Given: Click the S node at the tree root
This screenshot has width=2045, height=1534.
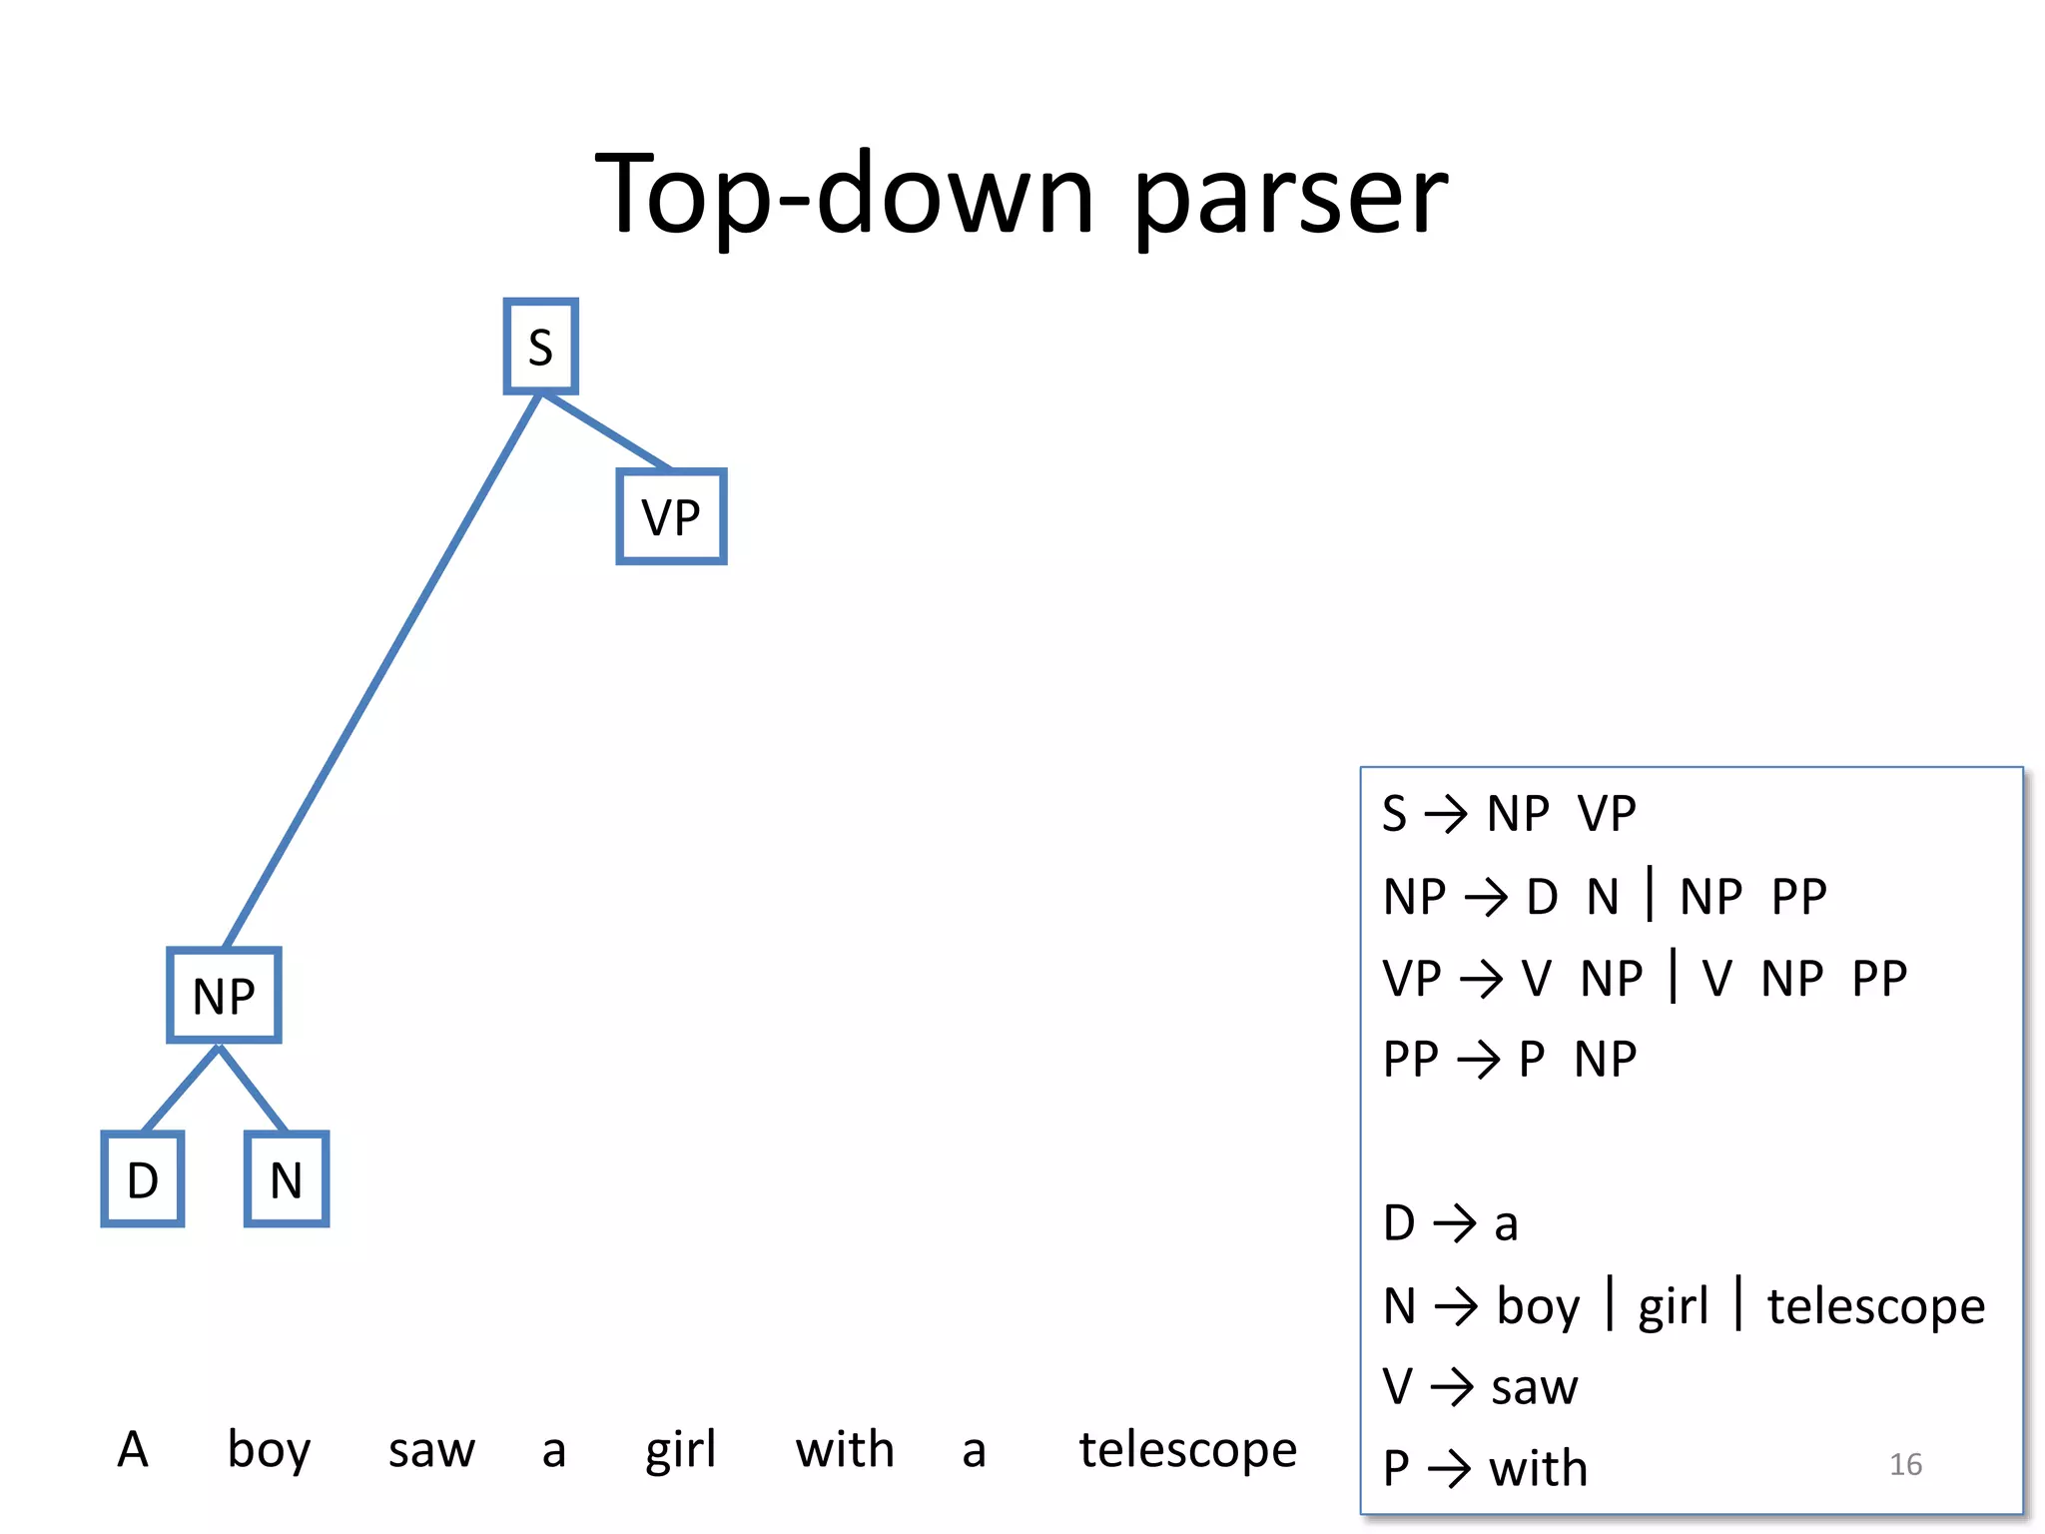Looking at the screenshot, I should tap(540, 347).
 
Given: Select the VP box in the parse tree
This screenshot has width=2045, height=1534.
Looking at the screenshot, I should tap(671, 516).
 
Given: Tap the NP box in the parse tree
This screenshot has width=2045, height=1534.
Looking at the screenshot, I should tap(224, 996).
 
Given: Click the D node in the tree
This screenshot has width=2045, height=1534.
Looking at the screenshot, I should tap(143, 1179).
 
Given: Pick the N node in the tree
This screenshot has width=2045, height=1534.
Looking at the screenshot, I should tap(287, 1179).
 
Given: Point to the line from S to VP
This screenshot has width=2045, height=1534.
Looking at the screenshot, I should tap(605, 431).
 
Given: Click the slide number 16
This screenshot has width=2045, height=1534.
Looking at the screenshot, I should tap(1905, 1464).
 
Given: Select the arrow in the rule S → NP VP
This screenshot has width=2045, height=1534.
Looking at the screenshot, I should tap(1445, 814).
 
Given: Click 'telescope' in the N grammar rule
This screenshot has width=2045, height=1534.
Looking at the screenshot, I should tap(1875, 1306).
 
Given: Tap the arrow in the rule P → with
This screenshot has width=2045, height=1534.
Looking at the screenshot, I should tap(1449, 1469).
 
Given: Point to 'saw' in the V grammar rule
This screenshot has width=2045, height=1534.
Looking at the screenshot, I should tap(1534, 1387).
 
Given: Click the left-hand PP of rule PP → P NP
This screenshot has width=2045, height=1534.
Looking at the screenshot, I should tap(1410, 1060).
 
